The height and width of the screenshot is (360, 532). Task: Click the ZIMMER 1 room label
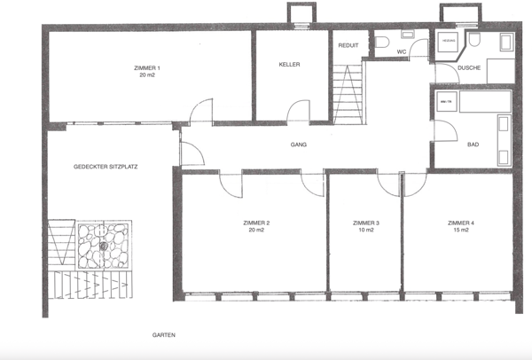point(145,67)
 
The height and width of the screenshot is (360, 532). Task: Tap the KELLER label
point(289,65)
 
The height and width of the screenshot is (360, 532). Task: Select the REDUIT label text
point(348,45)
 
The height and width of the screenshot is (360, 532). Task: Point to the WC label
point(401,51)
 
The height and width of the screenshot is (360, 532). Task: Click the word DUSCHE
point(470,67)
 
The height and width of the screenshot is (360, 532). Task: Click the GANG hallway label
point(298,145)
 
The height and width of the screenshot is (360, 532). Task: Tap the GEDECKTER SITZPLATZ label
point(106,166)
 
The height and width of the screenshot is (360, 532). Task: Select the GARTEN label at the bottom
point(163,336)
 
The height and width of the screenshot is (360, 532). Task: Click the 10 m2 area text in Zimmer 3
point(365,231)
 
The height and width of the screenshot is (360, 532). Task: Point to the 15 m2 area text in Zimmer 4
point(460,231)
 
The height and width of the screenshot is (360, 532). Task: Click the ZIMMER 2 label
point(255,223)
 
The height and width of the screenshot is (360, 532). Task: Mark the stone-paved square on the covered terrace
point(105,245)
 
